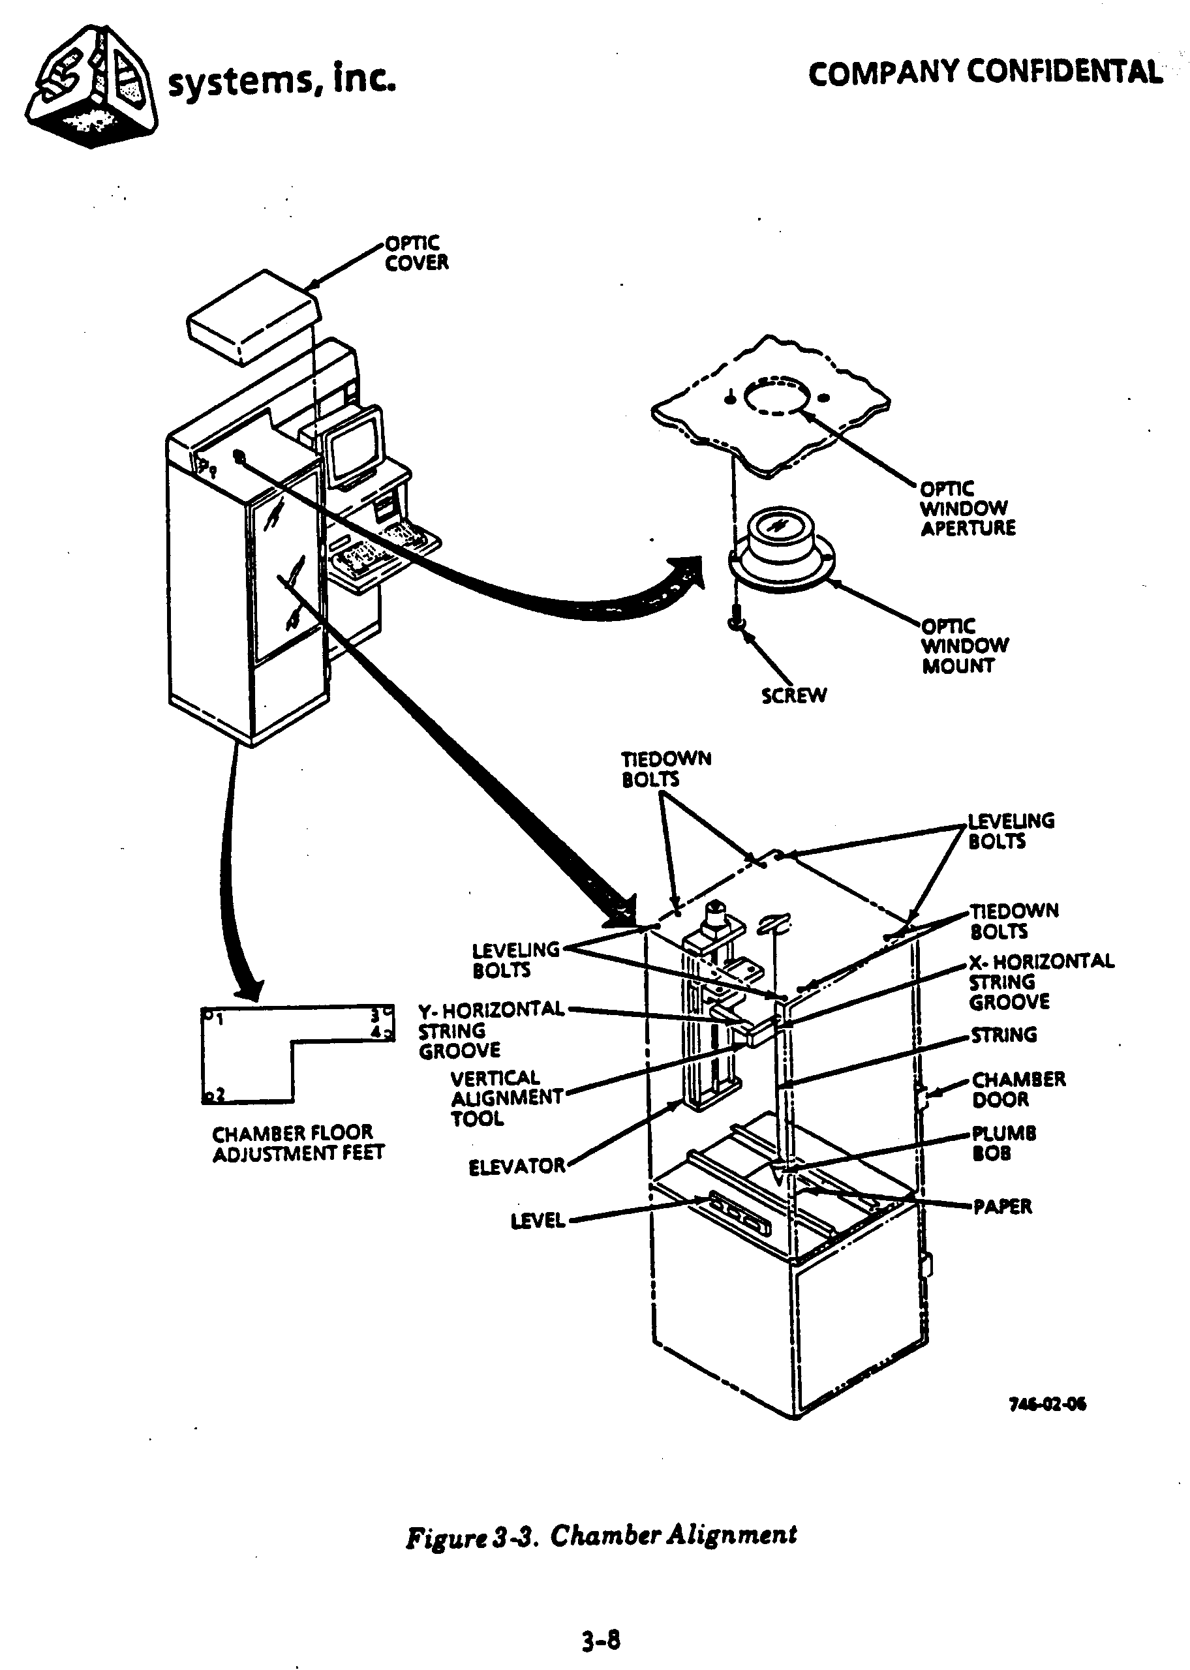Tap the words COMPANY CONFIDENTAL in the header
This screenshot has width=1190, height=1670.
pyautogui.click(x=985, y=73)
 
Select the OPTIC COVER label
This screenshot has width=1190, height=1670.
pyautogui.click(x=416, y=253)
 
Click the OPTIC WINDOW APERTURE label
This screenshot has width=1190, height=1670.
pyautogui.click(x=968, y=508)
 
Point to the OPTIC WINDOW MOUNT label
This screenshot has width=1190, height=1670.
pyautogui.click(x=964, y=646)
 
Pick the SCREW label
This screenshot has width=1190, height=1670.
pyautogui.click(x=793, y=696)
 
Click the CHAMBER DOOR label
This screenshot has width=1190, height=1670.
pyautogui.click(x=1018, y=1089)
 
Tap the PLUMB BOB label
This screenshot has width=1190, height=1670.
pyautogui.click(x=1003, y=1144)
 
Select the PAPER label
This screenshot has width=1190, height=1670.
pyautogui.click(x=1001, y=1206)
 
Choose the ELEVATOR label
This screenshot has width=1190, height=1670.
pyautogui.click(x=517, y=1166)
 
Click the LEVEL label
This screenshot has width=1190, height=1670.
pyautogui.click(x=538, y=1221)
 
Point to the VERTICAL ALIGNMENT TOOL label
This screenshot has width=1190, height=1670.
pyautogui.click(x=506, y=1098)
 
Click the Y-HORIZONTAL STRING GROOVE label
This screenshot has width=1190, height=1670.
pyautogui.click(x=491, y=1030)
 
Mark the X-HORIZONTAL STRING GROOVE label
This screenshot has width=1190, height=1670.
pyautogui.click(x=1041, y=982)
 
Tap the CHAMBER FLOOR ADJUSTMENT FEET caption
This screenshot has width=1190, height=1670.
pyautogui.click(x=297, y=1144)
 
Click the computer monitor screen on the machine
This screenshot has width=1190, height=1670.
pyautogui.click(x=354, y=449)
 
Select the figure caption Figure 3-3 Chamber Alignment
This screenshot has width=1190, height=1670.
pyautogui.click(x=601, y=1534)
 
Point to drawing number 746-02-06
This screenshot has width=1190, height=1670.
pyautogui.click(x=1047, y=1403)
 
